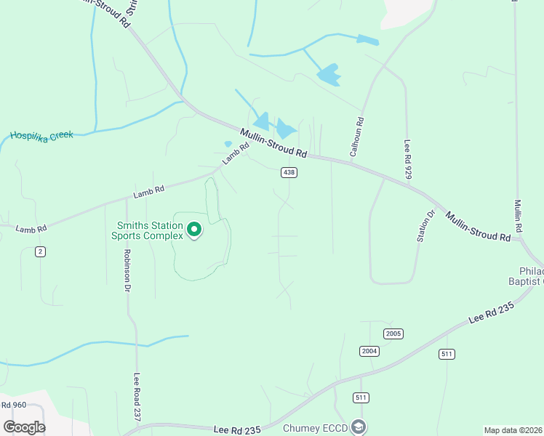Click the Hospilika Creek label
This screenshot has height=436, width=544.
coord(41,136)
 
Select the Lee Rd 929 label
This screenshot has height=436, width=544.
coord(408,158)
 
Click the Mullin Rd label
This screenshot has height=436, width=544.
coord(519,216)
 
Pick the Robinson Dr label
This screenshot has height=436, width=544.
coord(127,270)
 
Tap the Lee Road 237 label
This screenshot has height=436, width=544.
coord(136,397)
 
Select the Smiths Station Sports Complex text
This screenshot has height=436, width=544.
coord(148,230)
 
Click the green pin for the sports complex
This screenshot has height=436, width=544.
coord(194,230)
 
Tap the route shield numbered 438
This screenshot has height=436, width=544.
coord(289,172)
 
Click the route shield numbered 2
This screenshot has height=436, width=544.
coord(40,251)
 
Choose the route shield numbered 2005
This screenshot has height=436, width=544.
coord(393,334)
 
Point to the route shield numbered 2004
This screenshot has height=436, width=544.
coord(369,351)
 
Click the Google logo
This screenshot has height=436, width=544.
coord(24,427)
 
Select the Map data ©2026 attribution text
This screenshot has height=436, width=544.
coord(513,430)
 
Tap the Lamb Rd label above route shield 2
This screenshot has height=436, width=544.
coord(30,227)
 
